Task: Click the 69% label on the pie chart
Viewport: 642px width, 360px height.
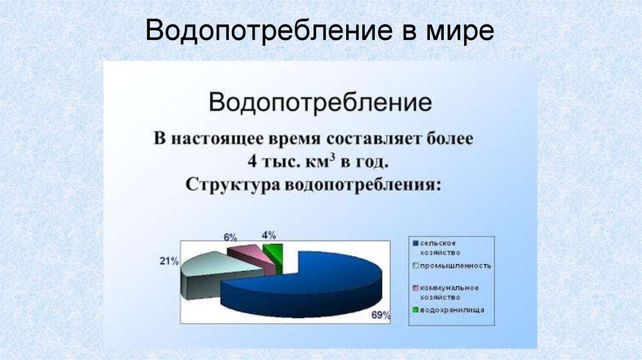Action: [x=381, y=315]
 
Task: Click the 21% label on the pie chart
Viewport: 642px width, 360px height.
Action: [x=169, y=261]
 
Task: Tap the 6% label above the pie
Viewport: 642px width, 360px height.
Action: [x=230, y=237]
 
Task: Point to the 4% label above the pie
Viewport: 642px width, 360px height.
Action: [x=269, y=235]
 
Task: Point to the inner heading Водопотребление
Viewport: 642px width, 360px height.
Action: [x=320, y=102]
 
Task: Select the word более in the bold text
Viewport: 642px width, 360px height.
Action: [x=451, y=139]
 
